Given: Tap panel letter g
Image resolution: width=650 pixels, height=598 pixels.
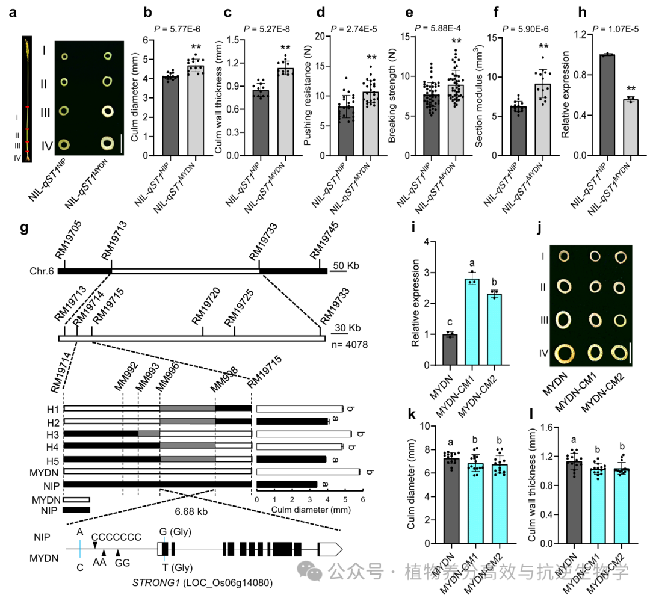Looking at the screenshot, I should click(x=24, y=228).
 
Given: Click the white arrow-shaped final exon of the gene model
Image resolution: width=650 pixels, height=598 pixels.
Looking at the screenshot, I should click(x=329, y=549).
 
